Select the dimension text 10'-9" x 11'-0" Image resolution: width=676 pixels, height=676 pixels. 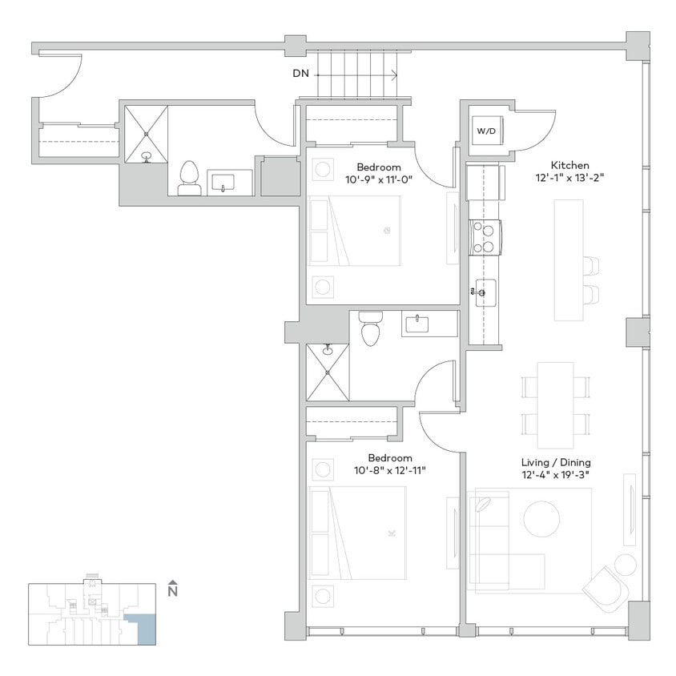click(x=378, y=179)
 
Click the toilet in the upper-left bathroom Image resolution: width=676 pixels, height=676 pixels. click(x=190, y=178)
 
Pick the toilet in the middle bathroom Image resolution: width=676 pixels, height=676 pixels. click(x=369, y=328)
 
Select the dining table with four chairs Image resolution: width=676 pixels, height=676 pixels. click(x=556, y=404)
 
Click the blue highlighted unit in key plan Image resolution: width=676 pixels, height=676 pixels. click(x=146, y=630)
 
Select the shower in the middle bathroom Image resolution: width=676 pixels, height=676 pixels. click(x=328, y=372)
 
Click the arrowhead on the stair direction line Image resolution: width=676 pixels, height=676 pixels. click(x=394, y=76)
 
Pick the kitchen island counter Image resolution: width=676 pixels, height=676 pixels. click(x=568, y=260)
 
